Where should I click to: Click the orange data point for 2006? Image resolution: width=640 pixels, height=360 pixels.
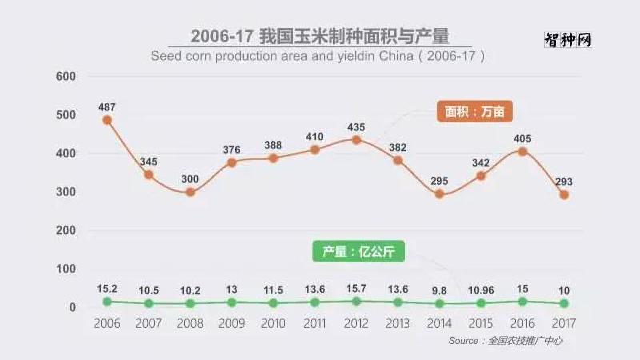coord(107,120)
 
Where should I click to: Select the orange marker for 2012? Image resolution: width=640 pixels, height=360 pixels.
coord(357,140)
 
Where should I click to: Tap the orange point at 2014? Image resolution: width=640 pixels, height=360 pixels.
coord(440,194)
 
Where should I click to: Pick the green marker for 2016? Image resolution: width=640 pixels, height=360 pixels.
coord(523,302)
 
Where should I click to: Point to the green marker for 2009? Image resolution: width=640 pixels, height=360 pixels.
coord(232,302)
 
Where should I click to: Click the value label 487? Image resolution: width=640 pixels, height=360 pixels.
coord(107,106)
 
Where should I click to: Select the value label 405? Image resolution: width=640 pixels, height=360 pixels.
coord(523,138)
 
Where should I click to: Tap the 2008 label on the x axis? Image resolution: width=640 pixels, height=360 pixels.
coord(190,323)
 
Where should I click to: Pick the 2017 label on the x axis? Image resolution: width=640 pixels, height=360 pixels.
coord(565,323)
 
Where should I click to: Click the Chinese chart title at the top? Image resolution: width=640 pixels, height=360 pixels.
coord(320,36)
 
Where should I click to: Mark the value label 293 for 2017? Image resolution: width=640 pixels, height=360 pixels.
coord(565,181)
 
